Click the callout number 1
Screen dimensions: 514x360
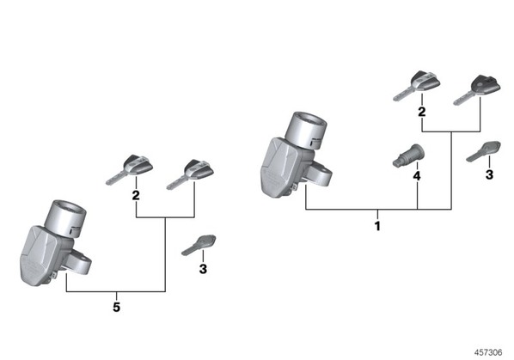[x=377, y=226]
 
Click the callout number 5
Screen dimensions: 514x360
[x=117, y=308]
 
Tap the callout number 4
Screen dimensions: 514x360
[x=417, y=176]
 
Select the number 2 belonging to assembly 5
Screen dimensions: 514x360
[x=136, y=195]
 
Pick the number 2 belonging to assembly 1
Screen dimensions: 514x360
[x=422, y=112]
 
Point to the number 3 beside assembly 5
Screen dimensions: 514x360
[x=203, y=269]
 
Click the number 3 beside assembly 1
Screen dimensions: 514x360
[x=489, y=174]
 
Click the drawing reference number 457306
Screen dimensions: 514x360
[x=488, y=352]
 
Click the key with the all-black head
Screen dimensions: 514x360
[x=477, y=90]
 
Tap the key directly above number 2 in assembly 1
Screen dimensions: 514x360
[x=417, y=86]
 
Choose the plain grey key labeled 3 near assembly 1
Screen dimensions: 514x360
[x=484, y=151]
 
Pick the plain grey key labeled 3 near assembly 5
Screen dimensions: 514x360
[x=199, y=245]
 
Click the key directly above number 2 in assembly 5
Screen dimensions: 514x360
[x=130, y=169]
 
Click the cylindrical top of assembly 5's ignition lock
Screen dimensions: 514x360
[x=65, y=218]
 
